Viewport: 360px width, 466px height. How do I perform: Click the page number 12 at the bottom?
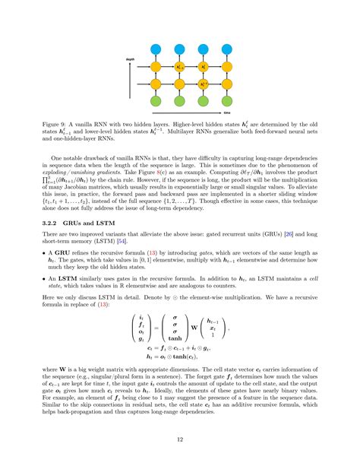click(180, 439)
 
